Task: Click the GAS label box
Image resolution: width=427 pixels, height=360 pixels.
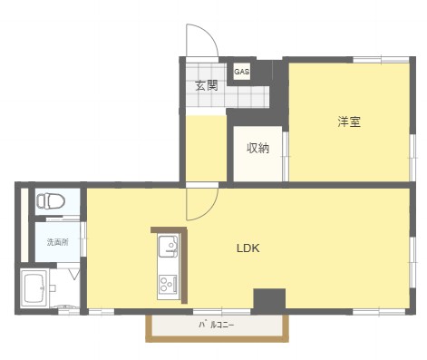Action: pos(242,72)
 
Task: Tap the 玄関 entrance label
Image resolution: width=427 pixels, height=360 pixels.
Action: pos(207,85)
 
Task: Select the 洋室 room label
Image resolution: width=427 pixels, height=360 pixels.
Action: pos(349,122)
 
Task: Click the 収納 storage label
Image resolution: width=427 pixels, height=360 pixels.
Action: pos(257,148)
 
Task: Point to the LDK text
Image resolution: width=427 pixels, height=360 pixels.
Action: pos(247,248)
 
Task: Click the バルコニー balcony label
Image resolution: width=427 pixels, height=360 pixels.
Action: pos(217,326)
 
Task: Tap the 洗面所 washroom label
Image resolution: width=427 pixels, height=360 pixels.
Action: pos(58,242)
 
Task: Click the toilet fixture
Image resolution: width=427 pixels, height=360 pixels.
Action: pos(51,201)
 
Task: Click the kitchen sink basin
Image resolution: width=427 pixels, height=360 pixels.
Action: pos(169,247)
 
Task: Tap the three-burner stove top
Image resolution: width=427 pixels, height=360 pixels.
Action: pos(168,284)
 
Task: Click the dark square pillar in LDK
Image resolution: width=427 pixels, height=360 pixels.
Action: pos(269,299)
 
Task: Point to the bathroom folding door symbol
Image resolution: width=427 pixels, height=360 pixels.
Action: pos(74,275)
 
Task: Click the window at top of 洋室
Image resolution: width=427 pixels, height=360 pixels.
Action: pos(381,60)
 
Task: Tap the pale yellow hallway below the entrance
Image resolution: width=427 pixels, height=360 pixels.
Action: pos(206,149)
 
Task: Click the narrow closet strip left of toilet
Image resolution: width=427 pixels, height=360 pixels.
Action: pos(24,225)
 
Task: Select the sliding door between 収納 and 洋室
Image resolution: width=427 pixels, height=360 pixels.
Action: pos(286,156)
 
